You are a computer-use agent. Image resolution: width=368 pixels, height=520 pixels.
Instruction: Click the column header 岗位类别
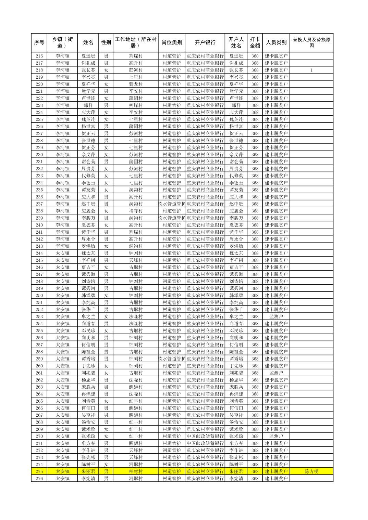tap(172, 42)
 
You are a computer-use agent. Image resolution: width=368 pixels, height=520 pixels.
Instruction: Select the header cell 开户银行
tap(205, 42)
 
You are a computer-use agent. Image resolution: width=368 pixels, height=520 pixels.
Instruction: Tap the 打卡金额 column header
tap(255, 42)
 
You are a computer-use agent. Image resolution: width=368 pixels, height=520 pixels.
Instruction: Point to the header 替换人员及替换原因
tap(311, 42)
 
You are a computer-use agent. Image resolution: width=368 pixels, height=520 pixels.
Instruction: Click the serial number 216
tap(39, 56)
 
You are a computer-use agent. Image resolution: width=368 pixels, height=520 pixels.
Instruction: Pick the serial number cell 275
tap(39, 471)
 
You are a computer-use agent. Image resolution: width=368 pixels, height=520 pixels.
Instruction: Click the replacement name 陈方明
tap(311, 471)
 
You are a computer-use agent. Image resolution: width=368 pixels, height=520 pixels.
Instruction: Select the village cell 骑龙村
tap(136, 84)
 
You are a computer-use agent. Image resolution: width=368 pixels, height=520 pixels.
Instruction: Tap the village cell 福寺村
tap(136, 211)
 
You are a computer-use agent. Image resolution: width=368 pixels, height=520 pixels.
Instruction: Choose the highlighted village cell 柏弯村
tap(136, 471)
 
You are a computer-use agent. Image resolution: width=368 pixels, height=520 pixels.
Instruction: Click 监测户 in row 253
tap(276, 317)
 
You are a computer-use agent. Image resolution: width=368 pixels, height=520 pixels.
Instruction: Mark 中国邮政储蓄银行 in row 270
tap(205, 436)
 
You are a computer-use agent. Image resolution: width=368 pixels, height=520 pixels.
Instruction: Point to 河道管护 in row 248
tap(172, 282)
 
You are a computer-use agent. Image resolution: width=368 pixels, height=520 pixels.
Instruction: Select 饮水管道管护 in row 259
tap(172, 359)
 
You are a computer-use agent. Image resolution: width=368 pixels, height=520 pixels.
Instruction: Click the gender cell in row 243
tap(106, 246)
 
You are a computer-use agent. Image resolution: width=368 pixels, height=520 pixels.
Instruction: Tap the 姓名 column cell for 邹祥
tap(88, 105)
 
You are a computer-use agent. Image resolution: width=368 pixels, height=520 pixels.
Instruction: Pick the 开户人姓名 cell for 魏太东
tap(236, 253)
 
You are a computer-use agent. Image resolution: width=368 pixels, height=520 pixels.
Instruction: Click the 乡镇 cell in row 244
tap(62, 253)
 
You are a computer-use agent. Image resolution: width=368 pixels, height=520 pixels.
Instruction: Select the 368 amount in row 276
tap(255, 479)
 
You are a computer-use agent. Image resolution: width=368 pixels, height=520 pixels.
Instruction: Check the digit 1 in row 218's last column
tap(311, 70)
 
